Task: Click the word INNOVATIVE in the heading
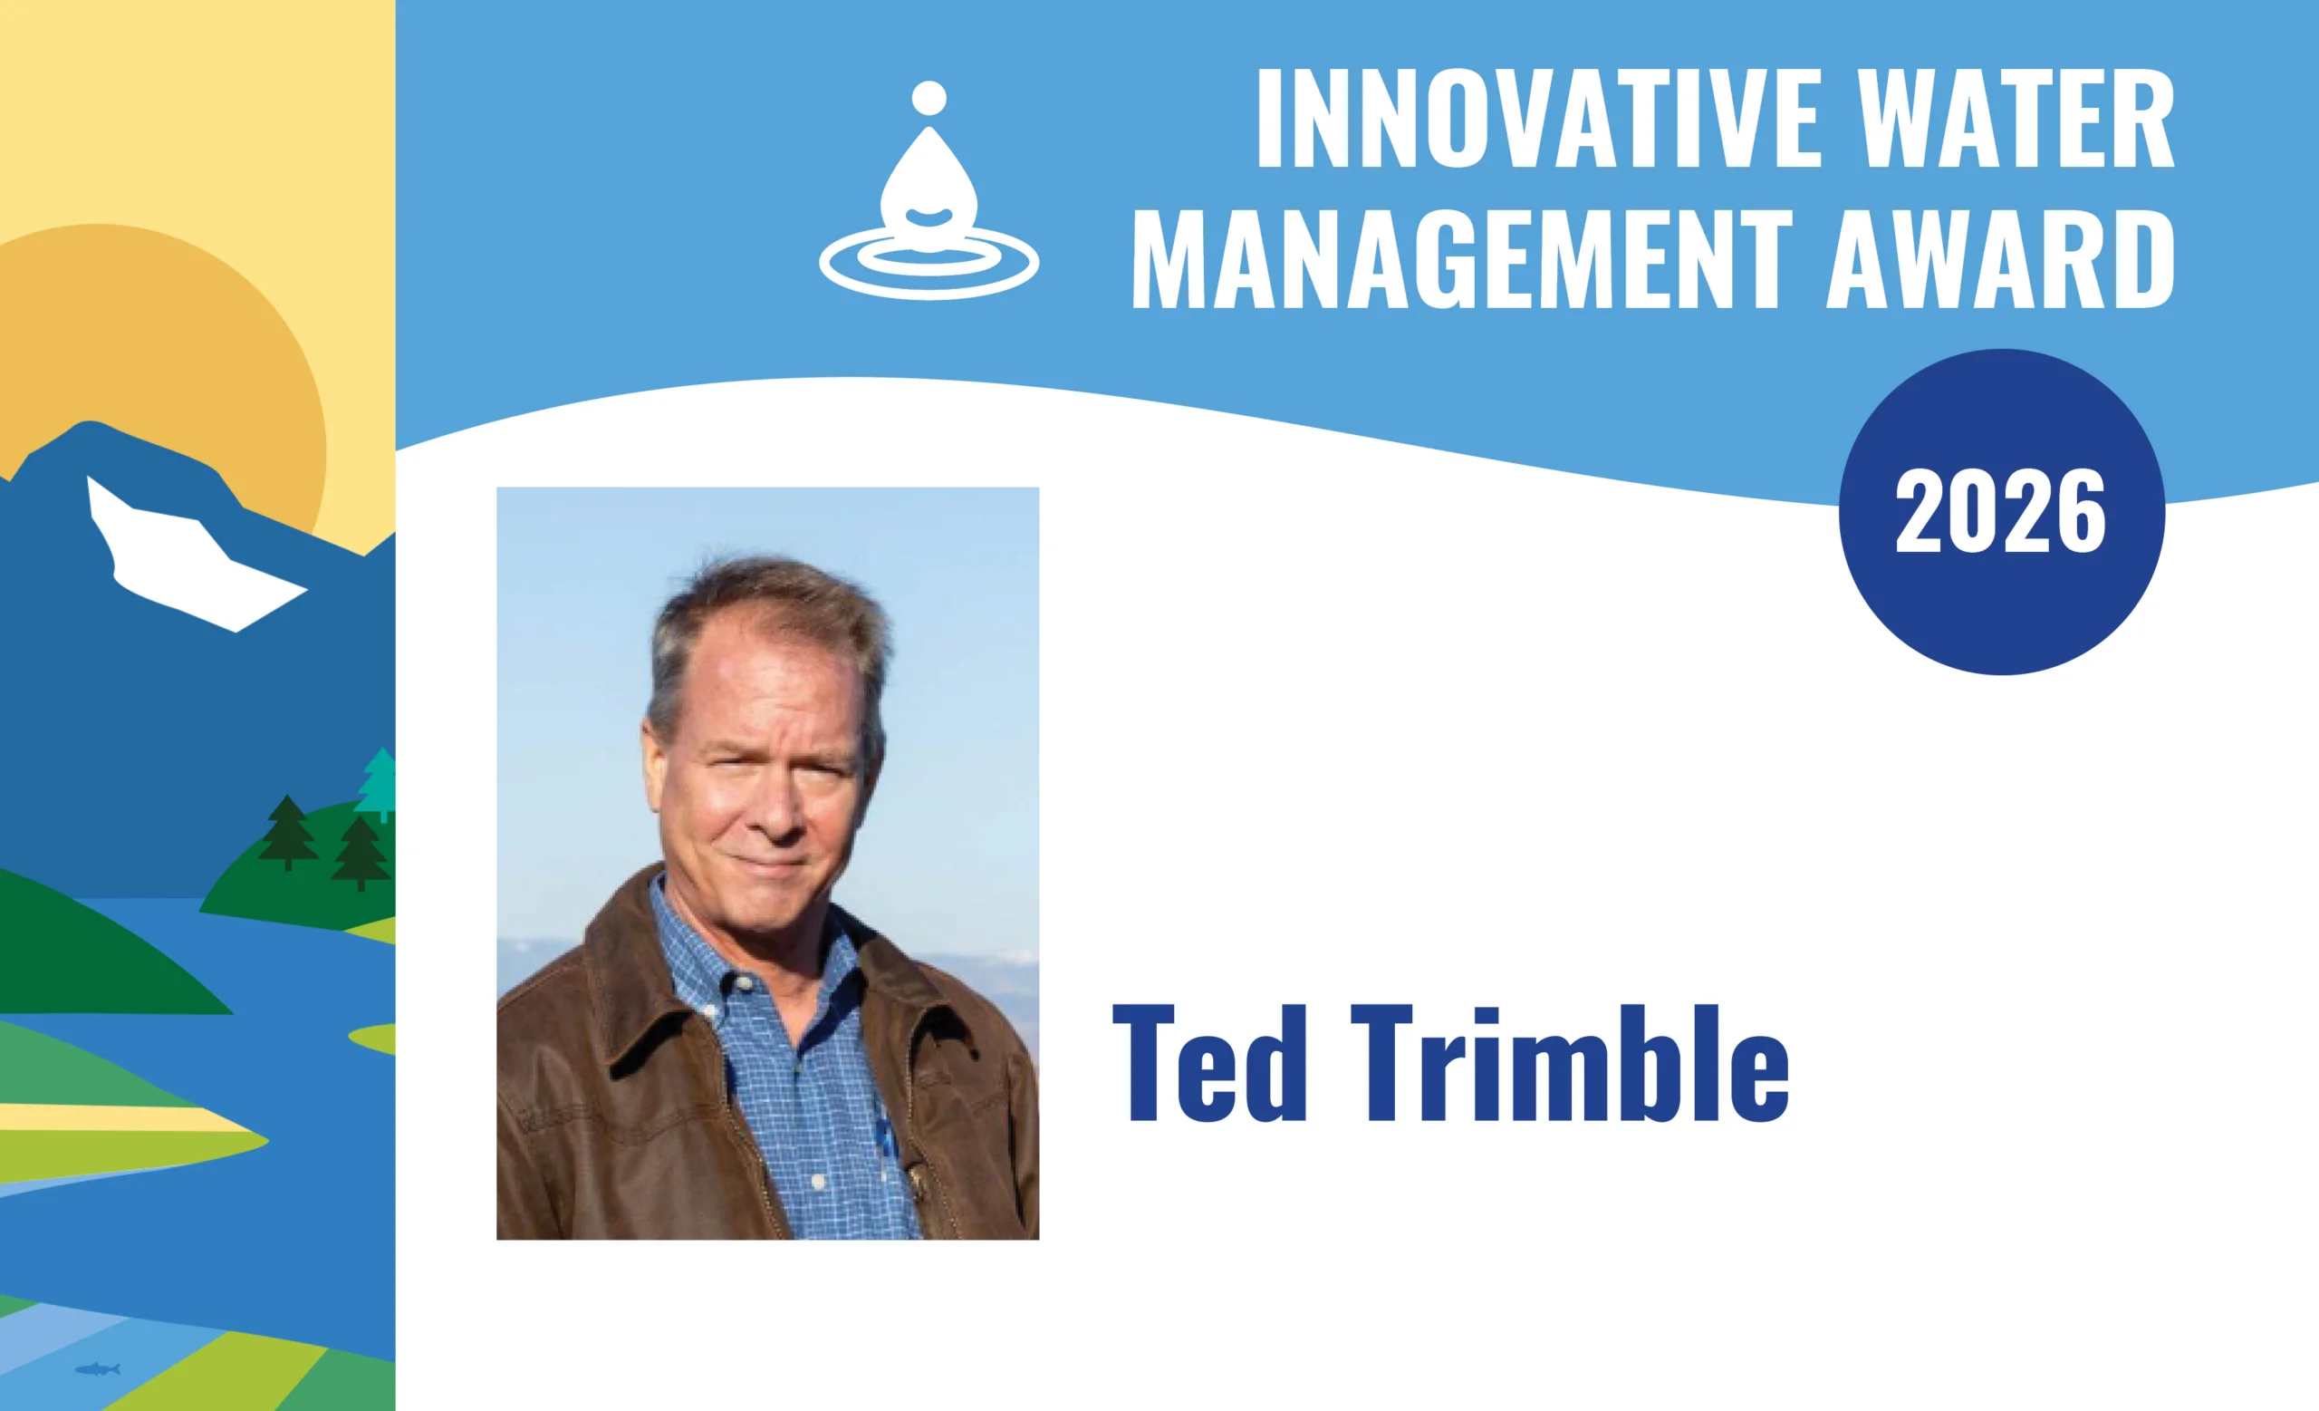1540,119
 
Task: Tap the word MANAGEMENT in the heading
1463,258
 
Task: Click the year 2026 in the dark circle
2001,511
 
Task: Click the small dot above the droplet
929,97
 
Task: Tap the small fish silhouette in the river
98,1368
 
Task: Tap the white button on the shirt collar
744,982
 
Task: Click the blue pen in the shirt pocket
883,1129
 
